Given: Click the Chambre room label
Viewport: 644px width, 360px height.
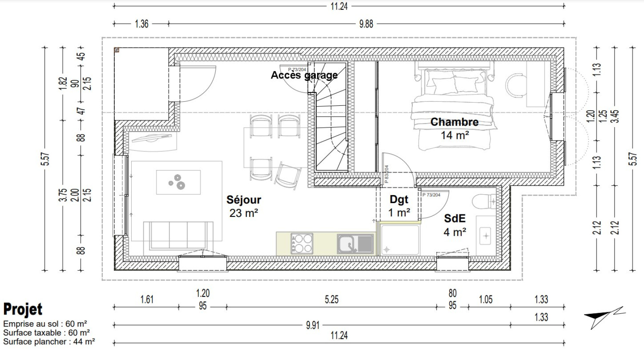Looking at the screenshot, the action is click(454, 122).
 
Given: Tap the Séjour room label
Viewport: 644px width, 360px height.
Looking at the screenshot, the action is click(244, 200).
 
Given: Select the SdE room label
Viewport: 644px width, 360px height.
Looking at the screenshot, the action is click(454, 218).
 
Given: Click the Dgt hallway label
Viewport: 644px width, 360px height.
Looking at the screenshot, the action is click(399, 199).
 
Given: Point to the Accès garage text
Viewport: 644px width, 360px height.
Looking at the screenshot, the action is click(304, 75).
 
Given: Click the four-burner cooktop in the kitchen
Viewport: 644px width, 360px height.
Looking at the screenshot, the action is click(301, 244).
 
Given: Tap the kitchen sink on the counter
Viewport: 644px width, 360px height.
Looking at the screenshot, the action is click(355, 244).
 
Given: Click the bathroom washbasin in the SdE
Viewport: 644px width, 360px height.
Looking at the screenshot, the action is click(485, 236).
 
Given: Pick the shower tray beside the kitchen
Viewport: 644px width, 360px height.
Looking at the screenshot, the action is click(400, 240).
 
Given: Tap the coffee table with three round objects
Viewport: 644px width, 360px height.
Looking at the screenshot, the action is click(178, 182).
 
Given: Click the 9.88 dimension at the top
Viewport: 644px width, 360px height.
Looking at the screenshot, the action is click(366, 24).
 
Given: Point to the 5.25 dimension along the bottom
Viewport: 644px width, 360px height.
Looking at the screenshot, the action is click(332, 300).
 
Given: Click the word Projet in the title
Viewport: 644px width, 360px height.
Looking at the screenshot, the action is click(23, 309).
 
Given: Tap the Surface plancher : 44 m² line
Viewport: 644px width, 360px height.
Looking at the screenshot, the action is click(49, 341).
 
